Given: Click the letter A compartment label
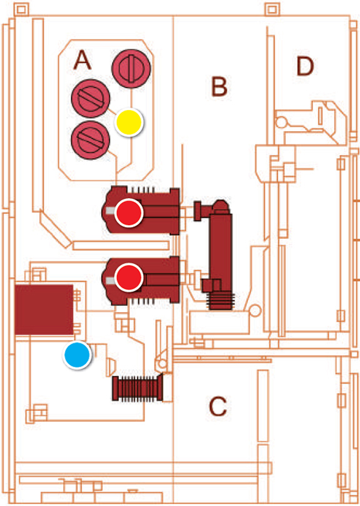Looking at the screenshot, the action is [x=82, y=60].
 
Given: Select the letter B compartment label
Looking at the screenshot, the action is [x=219, y=86].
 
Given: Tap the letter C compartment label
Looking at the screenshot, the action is [x=217, y=406].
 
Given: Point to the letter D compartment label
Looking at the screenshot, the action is [x=305, y=66].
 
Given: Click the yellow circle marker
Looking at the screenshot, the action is [x=129, y=123].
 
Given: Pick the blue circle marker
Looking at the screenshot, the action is [x=77, y=355].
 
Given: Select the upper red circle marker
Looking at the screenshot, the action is [x=129, y=213].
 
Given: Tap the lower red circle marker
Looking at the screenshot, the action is [x=129, y=277].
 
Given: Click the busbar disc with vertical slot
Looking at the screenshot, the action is [x=131, y=68].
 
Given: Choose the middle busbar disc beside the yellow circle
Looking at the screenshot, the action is [x=91, y=98].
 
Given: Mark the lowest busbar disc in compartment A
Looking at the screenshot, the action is [x=91, y=140].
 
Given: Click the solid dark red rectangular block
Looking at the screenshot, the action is [x=44, y=310].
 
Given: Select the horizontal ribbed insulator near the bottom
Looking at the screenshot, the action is [x=137, y=388].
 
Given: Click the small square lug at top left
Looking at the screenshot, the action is [x=21, y=9].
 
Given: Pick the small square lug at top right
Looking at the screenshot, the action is [x=272, y=9].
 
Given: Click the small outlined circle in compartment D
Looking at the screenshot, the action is [x=281, y=122].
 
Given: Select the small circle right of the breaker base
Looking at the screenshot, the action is [x=255, y=310].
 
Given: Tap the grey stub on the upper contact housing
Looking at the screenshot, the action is [x=110, y=211].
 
